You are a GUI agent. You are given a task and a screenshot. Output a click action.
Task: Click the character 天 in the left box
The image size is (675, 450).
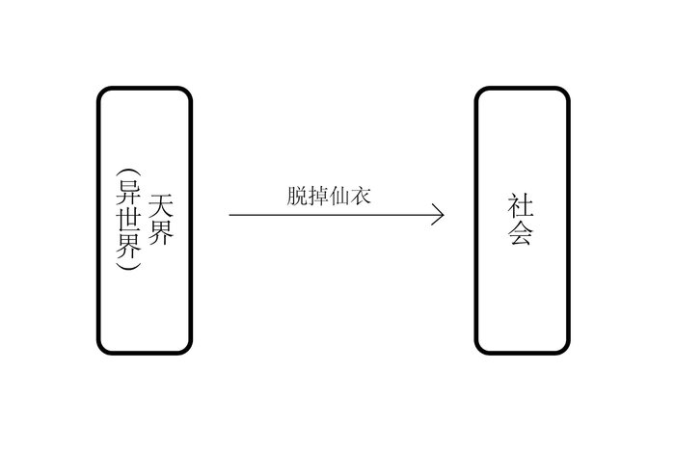point(161,205)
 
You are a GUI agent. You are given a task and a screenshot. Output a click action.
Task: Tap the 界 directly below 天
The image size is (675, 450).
point(161,233)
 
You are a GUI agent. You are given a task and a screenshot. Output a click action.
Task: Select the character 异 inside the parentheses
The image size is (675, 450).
point(128,192)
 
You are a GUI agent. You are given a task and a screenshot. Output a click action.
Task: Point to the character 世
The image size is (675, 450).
point(128,219)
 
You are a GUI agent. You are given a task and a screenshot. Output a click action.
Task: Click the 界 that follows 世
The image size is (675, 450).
point(128,246)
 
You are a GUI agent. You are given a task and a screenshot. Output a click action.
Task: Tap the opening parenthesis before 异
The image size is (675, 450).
point(128,172)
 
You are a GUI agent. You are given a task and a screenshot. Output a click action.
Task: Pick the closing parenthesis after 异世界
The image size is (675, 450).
point(128,266)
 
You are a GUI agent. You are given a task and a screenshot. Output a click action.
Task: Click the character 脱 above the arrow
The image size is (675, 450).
point(297,197)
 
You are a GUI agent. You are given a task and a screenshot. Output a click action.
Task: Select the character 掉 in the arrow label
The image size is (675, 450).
point(318,197)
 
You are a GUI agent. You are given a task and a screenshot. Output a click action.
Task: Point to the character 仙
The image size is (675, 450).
point(339,197)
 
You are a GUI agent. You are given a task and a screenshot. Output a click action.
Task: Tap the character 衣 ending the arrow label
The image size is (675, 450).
point(361,197)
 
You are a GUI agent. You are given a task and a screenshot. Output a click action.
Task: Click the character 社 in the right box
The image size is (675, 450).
point(521,205)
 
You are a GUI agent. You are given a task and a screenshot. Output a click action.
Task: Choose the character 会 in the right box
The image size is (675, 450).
point(521,233)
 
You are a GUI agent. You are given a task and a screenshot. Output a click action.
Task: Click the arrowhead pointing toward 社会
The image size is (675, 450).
point(443,215)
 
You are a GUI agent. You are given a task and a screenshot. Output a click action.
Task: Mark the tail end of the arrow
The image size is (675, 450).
point(229,215)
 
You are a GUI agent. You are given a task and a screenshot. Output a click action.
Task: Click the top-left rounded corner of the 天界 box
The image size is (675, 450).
point(101,92)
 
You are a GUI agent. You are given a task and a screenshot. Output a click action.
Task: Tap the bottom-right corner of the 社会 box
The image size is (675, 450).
point(565,350)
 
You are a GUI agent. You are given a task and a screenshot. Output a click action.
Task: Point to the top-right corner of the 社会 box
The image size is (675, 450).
point(565,92)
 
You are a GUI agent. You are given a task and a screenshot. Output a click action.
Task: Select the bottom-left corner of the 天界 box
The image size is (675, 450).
point(101,350)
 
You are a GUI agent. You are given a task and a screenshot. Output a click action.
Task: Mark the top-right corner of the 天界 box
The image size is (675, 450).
point(187,92)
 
